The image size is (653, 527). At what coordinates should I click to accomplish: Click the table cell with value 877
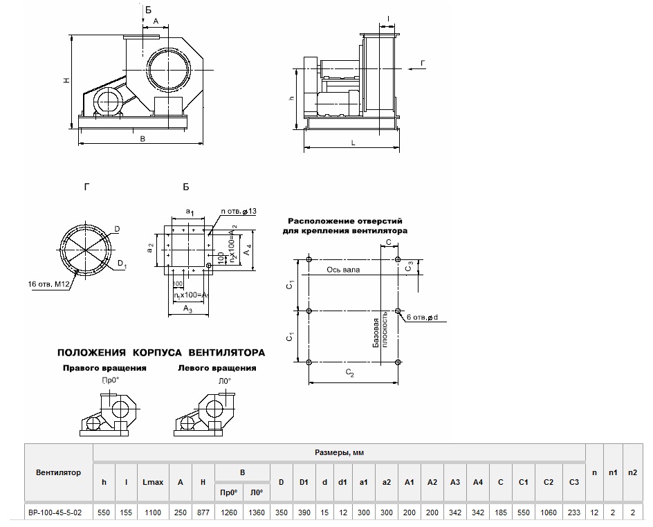pos(202,514)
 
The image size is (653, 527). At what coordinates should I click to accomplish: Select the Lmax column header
pos(152,482)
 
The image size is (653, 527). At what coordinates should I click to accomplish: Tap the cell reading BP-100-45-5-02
pos(58,514)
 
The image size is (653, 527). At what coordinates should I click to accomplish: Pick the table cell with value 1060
pos(548,514)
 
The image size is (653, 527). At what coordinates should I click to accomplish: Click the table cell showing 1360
pos(256,514)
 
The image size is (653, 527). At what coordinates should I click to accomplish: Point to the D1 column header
pos(303,482)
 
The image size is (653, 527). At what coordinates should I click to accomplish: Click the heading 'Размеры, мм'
pos(339,452)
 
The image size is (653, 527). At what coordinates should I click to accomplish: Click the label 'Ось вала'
pos(343,269)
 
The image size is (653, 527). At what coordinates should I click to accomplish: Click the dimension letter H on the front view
pos(66,82)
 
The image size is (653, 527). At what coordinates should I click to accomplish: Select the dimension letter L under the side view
pos(353,142)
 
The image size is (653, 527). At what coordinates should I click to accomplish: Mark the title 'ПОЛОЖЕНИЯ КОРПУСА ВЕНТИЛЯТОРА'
pos(160,353)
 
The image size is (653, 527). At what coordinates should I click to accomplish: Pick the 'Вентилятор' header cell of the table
pos(58,472)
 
